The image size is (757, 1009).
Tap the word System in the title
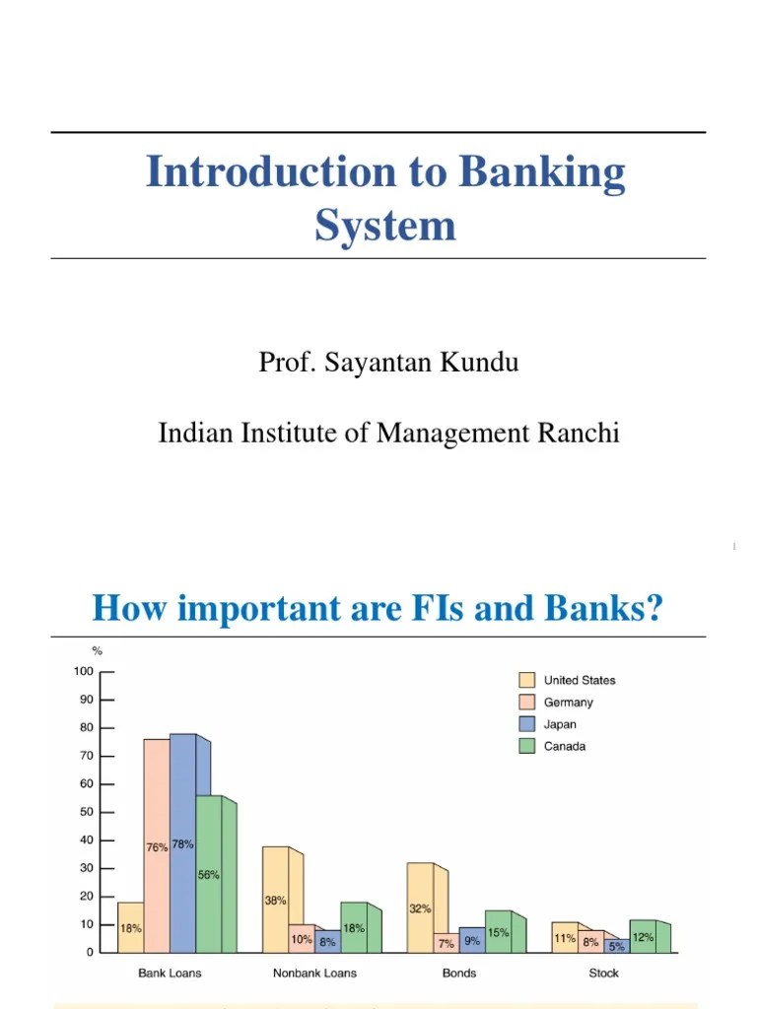click(x=385, y=226)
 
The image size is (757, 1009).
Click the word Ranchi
click(x=579, y=433)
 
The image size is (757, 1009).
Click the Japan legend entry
click(x=562, y=724)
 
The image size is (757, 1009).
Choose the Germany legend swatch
click(x=527, y=703)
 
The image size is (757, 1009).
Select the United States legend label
click(x=580, y=680)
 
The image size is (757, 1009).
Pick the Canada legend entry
click(x=565, y=746)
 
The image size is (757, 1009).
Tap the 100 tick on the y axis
click(x=83, y=672)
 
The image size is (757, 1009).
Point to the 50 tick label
click(x=86, y=812)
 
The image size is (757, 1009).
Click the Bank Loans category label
click(x=170, y=973)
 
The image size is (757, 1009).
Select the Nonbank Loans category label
click(x=314, y=973)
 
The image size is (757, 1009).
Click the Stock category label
click(x=603, y=973)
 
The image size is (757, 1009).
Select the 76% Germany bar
click(x=157, y=844)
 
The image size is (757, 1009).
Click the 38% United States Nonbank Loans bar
click(x=275, y=899)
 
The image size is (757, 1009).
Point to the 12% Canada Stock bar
click(x=643, y=937)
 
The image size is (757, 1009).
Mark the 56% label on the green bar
click(x=209, y=874)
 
